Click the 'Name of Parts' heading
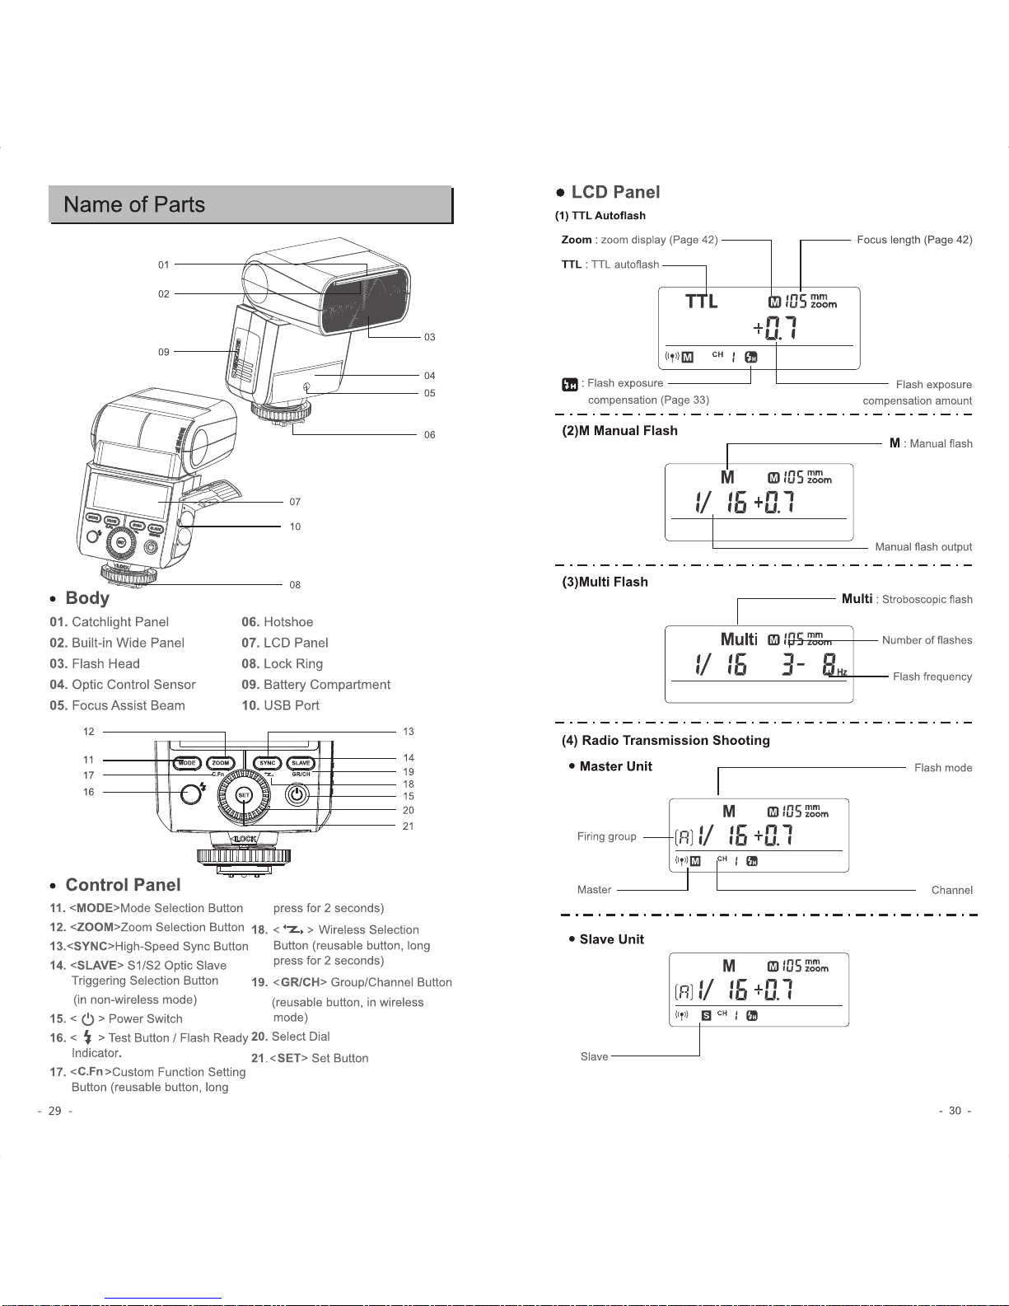pos(134,204)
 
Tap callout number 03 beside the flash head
pos(429,337)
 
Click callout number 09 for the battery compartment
pos(164,352)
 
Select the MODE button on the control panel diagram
pos(187,763)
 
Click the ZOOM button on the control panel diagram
pos(221,763)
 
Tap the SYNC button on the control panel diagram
pos(268,763)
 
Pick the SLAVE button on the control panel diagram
pos(301,763)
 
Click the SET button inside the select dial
pos(244,795)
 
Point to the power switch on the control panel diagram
pos(297,794)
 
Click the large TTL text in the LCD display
pos(702,302)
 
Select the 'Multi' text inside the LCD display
pos(739,639)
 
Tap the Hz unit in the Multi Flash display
pos(842,672)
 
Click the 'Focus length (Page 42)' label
pos(914,240)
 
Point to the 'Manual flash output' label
pos(923,546)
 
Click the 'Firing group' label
pos(606,836)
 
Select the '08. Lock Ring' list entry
pos(282,663)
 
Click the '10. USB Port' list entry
pos(280,705)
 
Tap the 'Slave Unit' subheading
pos(611,939)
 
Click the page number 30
pos(955,1111)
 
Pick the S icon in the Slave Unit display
pos(706,1015)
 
